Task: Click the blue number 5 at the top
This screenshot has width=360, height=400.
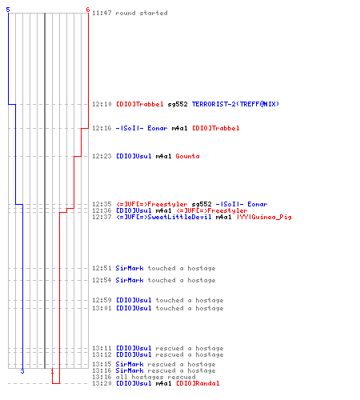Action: [8, 10]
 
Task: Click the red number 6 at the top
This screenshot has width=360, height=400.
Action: [88, 10]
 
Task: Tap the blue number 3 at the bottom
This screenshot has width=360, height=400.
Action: [22, 371]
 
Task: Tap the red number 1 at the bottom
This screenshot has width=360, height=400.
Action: [52, 371]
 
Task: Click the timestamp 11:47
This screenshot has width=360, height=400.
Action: [102, 13]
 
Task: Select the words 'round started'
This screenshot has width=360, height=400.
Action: [142, 13]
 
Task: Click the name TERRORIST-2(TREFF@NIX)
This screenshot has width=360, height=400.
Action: [235, 104]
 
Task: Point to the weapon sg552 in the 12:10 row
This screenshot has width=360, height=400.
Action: [178, 104]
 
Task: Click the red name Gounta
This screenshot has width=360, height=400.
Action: [187, 156]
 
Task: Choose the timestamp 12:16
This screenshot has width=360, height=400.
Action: [102, 128]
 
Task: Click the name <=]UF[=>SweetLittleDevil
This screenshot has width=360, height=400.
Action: [164, 217]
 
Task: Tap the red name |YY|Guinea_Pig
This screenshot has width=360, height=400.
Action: [264, 217]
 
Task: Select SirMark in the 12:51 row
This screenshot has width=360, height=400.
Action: [130, 268]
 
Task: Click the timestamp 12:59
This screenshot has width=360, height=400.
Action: [102, 300]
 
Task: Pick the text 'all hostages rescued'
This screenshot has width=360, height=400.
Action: [155, 377]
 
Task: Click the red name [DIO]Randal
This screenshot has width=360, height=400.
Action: [198, 383]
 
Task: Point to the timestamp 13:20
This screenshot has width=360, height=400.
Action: [102, 383]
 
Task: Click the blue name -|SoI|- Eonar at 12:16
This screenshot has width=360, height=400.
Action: [142, 128]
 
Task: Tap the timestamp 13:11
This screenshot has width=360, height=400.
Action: [102, 348]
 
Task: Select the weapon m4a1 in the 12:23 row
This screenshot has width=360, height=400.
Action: [163, 156]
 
